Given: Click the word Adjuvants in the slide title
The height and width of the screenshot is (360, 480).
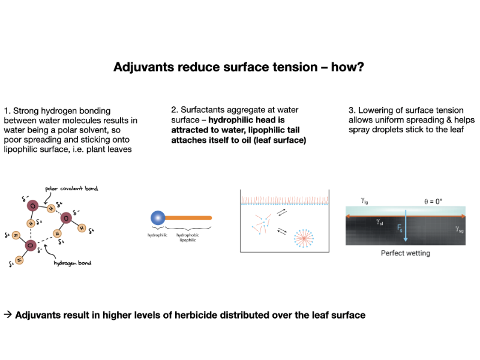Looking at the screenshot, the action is pos(143,67).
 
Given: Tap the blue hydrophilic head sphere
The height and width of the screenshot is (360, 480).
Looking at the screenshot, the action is pos(158,218).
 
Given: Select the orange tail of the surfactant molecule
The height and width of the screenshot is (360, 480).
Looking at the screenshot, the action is pos(188,218).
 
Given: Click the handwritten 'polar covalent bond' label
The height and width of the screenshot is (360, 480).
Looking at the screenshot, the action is pos(71,188).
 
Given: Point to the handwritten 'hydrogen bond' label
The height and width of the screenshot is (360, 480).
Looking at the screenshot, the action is pos(73,263).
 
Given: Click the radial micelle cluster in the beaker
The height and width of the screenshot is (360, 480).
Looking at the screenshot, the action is pos(304,238).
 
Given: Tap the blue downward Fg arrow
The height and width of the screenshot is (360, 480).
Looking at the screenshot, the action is pos(406,226).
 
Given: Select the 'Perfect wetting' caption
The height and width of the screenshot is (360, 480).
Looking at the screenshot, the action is pos(406,253).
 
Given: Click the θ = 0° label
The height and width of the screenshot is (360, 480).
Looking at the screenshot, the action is pos(433,202).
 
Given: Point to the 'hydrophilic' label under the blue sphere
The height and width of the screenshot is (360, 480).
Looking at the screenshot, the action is pos(157,235).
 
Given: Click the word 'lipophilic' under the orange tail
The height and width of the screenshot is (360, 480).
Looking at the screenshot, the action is pos(188,240).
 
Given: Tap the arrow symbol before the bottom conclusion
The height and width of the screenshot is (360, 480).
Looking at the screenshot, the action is pos(8,314).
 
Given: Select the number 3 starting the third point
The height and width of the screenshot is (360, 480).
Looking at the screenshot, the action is pos(351,110).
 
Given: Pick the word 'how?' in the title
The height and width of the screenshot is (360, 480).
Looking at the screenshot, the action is pos(347,67).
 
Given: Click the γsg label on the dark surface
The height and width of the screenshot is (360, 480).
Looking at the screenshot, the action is pos(460,229).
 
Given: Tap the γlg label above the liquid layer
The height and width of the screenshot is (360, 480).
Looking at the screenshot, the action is pos(364,201).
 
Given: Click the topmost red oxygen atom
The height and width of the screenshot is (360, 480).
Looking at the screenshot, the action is pos(33,206).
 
